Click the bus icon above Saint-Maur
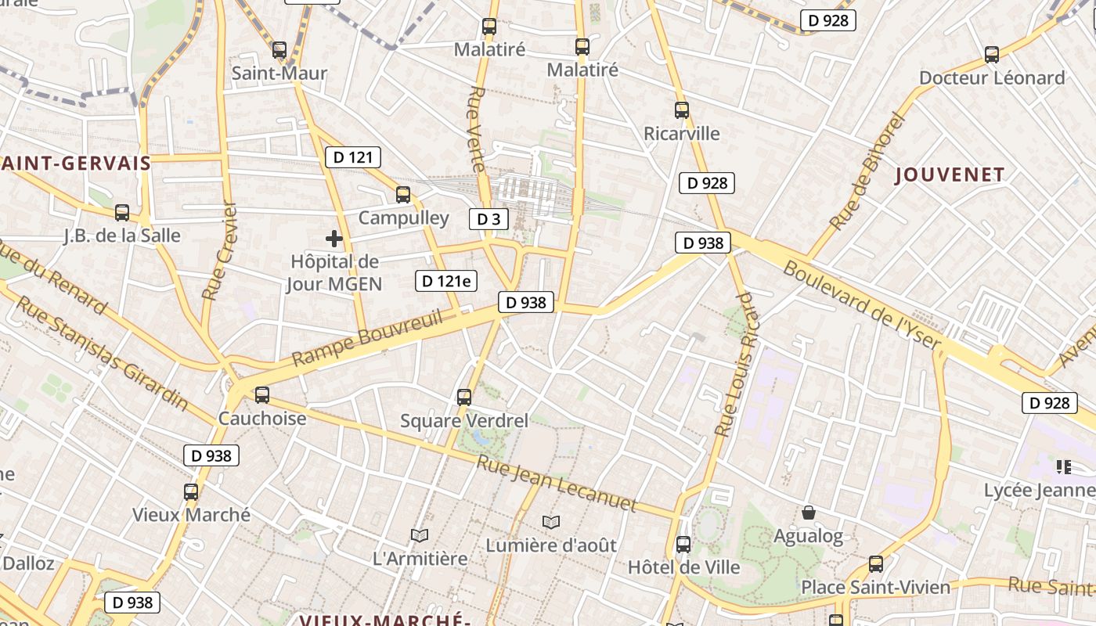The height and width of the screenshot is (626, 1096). pos(279,50)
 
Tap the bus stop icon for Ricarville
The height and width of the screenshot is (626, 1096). pos(682,110)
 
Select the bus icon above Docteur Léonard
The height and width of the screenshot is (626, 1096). pos(992,55)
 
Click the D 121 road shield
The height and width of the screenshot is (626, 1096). pos(353,157)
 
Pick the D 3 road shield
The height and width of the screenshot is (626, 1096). pos(489,219)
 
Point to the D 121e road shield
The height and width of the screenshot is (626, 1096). pos(446,280)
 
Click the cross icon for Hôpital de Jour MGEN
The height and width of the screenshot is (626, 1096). pos(334,238)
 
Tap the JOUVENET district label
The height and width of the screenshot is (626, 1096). pos(950,174)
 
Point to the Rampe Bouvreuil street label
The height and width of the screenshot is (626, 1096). pos(367,338)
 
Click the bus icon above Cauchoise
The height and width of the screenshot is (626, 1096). pos(262,395)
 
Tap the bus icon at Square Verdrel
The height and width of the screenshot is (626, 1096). pos(464,398)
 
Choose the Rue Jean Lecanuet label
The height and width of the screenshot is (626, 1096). pos(557,483)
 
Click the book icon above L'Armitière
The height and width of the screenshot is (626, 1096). pos(420,535)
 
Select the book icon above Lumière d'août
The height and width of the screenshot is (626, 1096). pos(551,522)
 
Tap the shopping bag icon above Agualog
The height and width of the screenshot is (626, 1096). pos(809,513)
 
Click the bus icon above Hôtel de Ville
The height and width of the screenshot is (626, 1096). pos(683,544)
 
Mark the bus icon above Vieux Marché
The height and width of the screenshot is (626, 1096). pos(191,492)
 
